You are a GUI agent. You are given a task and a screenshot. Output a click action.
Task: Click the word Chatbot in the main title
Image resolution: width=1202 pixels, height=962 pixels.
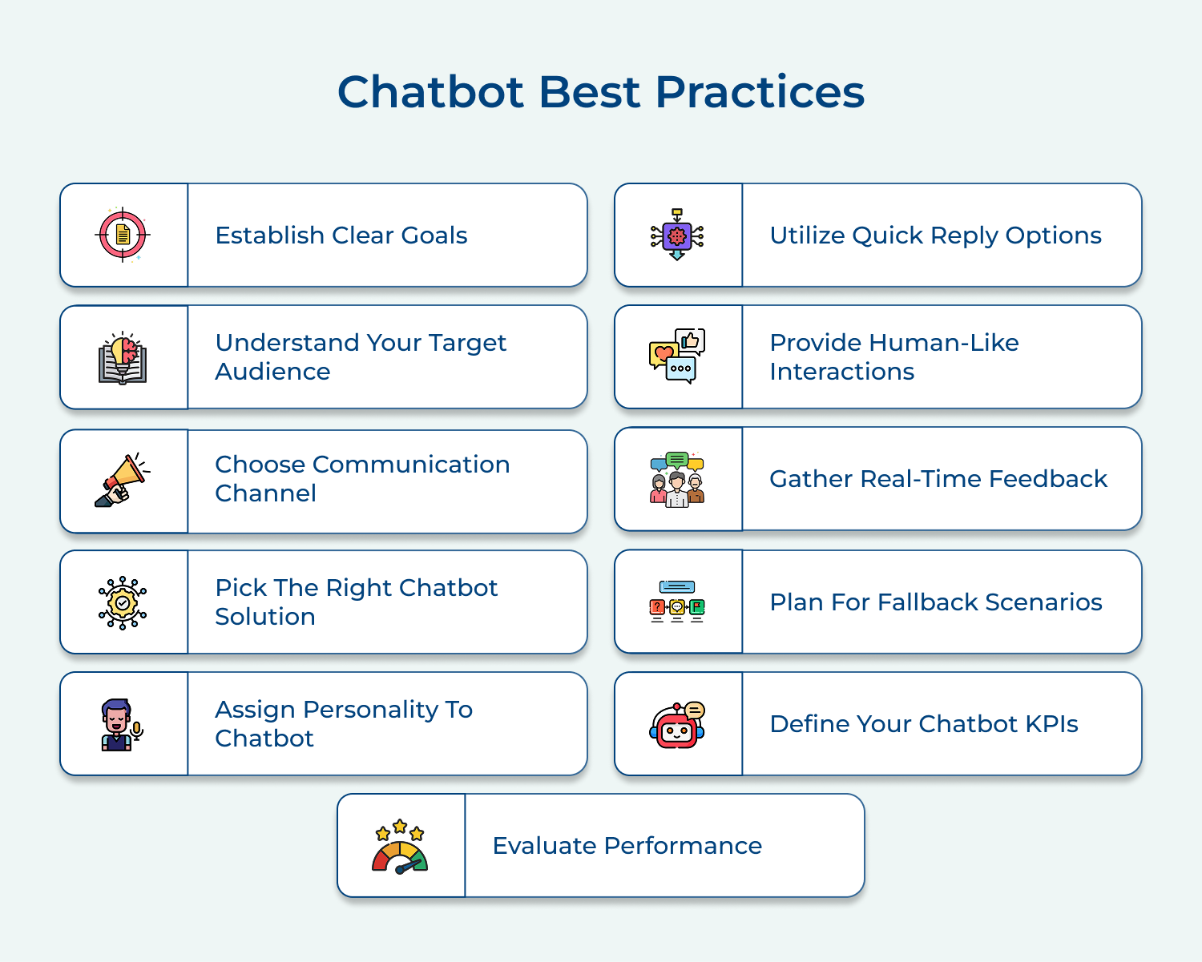click(432, 91)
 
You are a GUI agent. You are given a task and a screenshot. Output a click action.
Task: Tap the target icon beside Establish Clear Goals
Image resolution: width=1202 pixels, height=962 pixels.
click(123, 235)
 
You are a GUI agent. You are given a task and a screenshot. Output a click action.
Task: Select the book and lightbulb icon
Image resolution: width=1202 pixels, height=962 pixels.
click(123, 358)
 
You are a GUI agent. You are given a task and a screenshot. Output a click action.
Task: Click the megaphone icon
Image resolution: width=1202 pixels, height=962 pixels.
click(123, 481)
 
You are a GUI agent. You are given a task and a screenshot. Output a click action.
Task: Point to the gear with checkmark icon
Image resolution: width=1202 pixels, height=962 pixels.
click(123, 602)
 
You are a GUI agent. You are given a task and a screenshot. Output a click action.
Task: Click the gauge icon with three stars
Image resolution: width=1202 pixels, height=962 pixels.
click(400, 846)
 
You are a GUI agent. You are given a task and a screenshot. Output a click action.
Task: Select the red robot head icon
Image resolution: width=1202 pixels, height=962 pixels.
click(677, 725)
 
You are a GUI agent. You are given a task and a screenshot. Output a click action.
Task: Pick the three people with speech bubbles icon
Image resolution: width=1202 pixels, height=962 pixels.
click(677, 478)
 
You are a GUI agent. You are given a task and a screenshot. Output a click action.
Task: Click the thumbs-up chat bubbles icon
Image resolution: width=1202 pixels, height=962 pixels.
click(677, 356)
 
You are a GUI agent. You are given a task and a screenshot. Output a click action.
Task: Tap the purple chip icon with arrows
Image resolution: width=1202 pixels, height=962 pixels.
click(677, 235)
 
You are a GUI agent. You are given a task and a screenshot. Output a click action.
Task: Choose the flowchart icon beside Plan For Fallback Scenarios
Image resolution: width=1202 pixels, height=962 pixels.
click(677, 602)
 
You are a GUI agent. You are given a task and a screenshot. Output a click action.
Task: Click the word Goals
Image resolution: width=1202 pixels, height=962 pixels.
click(434, 235)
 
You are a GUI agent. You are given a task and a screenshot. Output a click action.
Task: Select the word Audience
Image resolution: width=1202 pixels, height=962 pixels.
click(272, 372)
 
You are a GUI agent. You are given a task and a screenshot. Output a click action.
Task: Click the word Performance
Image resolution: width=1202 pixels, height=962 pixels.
click(682, 846)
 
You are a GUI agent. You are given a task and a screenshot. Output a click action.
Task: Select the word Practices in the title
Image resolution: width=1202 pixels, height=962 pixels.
click(760, 91)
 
